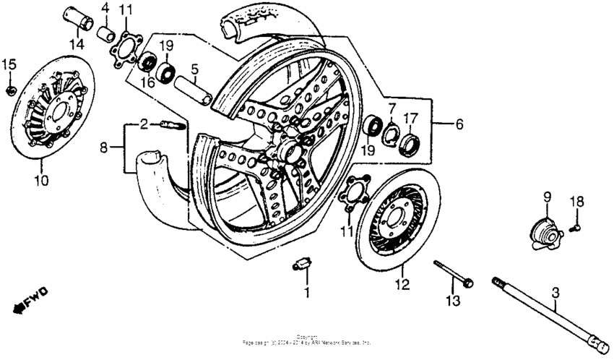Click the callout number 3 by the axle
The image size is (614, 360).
(x=555, y=293)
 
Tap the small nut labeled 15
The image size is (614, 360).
(x=10, y=90)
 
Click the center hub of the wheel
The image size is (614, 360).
(x=287, y=153)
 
